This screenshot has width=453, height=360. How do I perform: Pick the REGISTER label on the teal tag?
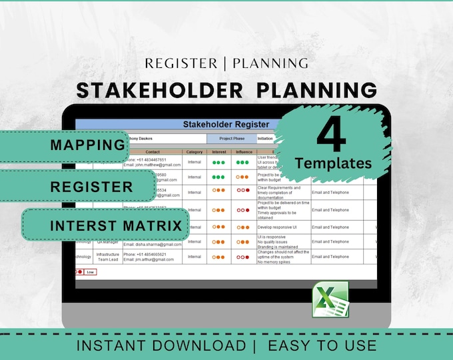click(91, 186)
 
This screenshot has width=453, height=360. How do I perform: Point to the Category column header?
click(195, 152)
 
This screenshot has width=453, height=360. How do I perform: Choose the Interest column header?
click(219, 152)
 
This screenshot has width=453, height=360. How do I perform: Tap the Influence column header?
click(244, 152)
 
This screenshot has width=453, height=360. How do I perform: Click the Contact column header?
click(153, 152)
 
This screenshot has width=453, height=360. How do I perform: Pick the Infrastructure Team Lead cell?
click(107, 257)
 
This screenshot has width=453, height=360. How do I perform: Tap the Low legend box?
click(90, 272)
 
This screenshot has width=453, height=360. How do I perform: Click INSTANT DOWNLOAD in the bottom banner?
click(161, 345)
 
